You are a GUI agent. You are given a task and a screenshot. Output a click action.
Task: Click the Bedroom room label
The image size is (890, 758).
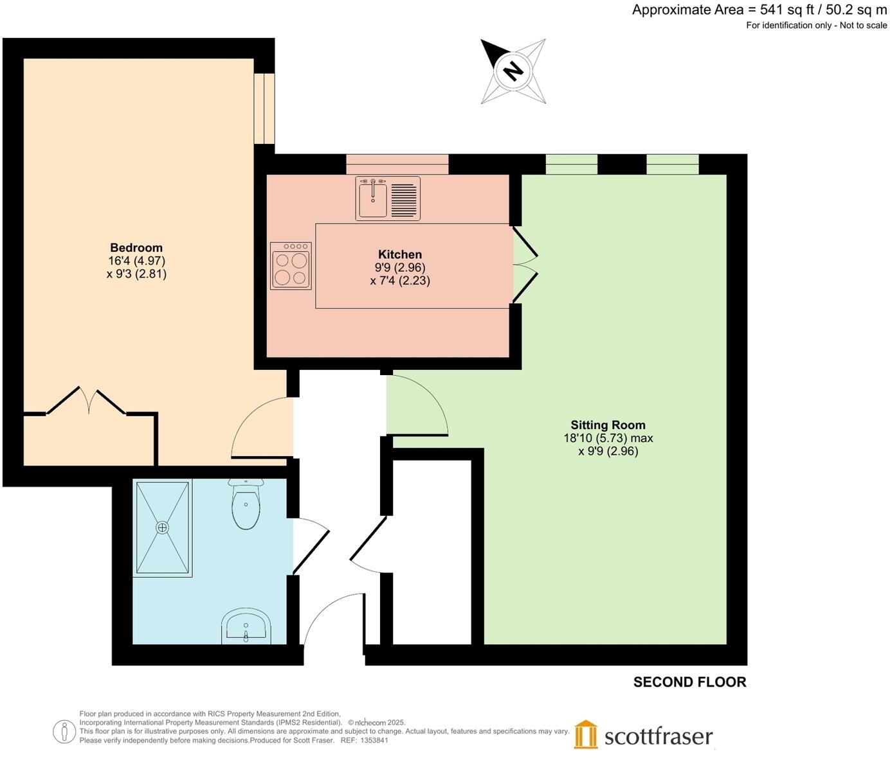click(x=136, y=248)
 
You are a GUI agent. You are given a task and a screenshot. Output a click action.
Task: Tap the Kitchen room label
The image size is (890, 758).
click(x=400, y=254)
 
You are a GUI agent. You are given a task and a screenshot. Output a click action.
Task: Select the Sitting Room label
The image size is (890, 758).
click(x=608, y=425)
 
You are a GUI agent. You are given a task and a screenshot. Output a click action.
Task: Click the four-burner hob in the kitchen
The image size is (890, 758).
click(x=291, y=265)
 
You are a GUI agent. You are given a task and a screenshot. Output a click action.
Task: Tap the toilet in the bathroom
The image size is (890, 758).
click(x=245, y=506)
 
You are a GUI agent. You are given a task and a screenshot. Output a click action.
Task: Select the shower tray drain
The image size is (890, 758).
click(x=162, y=527)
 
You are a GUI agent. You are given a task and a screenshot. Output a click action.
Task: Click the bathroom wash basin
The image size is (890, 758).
click(x=246, y=626)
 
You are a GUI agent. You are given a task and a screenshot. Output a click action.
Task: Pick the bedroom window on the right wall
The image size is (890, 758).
click(x=264, y=109)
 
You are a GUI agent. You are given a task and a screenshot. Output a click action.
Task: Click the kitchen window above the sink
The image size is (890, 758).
click(x=397, y=164)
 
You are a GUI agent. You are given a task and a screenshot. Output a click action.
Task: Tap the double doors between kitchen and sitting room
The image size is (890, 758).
click(x=523, y=264)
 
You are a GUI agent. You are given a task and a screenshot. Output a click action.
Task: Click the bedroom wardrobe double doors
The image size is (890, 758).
click(x=86, y=401)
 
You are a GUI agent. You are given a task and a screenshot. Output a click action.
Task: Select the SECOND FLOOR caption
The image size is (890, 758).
click(x=689, y=682)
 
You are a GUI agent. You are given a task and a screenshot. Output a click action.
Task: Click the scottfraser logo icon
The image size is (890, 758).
click(x=585, y=735)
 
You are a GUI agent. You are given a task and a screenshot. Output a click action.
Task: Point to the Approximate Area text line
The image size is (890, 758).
click(x=759, y=10)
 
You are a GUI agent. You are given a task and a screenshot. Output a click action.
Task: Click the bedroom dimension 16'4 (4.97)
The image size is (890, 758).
click(x=136, y=261)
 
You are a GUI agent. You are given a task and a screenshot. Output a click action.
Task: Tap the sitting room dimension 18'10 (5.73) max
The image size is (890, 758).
click(x=608, y=438)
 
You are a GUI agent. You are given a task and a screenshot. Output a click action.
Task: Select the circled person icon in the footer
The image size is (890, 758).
click(x=64, y=732)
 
